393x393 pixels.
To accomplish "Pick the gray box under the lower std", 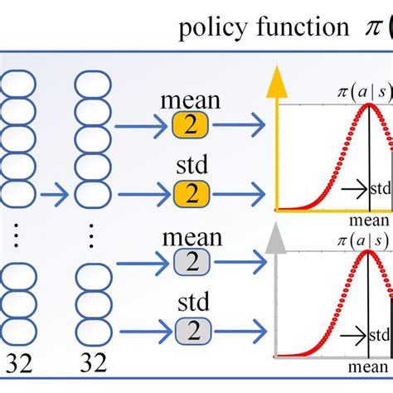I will (192, 332).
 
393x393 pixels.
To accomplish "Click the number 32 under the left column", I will (21, 362).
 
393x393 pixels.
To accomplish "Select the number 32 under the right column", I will (93, 362).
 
